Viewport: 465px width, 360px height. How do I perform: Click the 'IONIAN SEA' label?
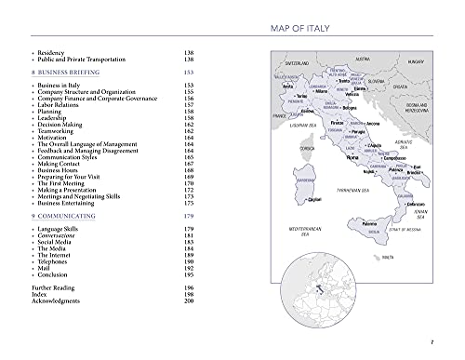point(431,213)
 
